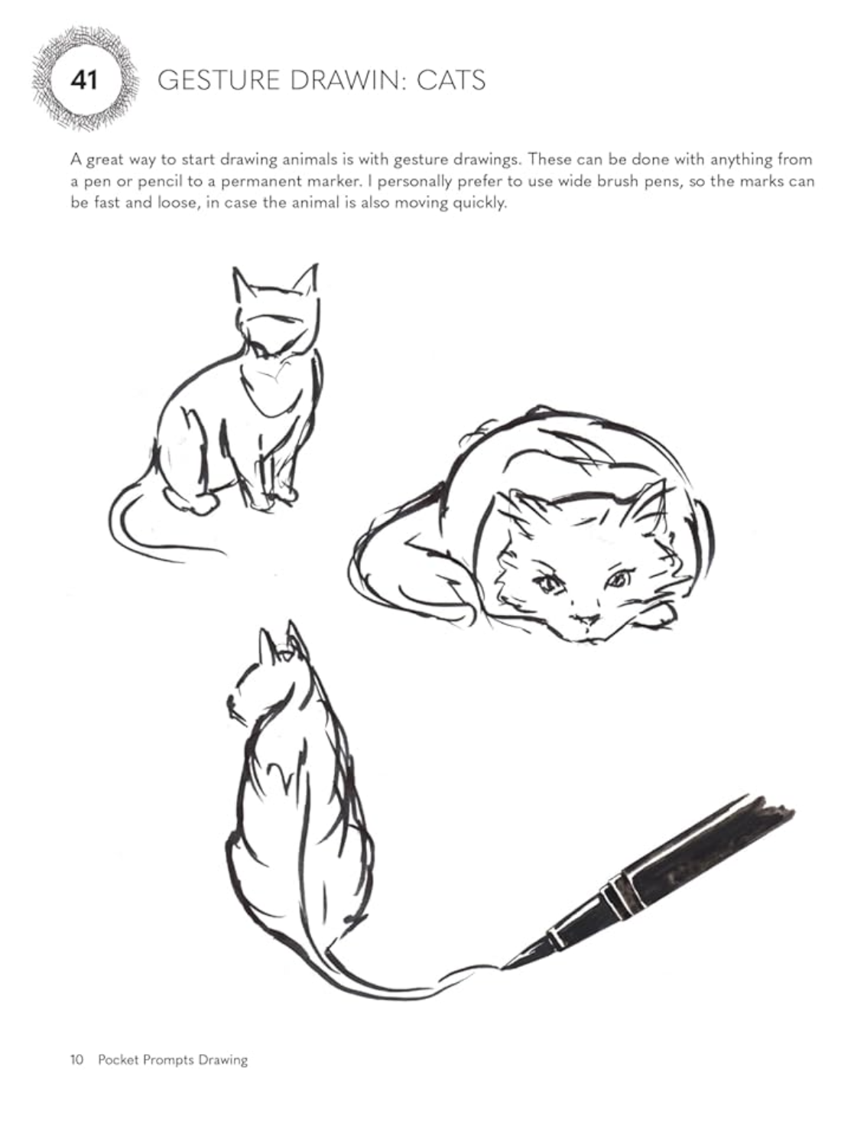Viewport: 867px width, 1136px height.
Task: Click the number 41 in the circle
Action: (84, 80)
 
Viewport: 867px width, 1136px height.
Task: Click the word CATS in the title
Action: (450, 80)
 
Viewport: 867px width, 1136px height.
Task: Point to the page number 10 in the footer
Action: (76, 1060)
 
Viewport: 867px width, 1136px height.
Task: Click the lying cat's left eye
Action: (547, 585)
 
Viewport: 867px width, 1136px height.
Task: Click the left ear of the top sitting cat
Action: (244, 285)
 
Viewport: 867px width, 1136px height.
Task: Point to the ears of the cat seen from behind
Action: (281, 643)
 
